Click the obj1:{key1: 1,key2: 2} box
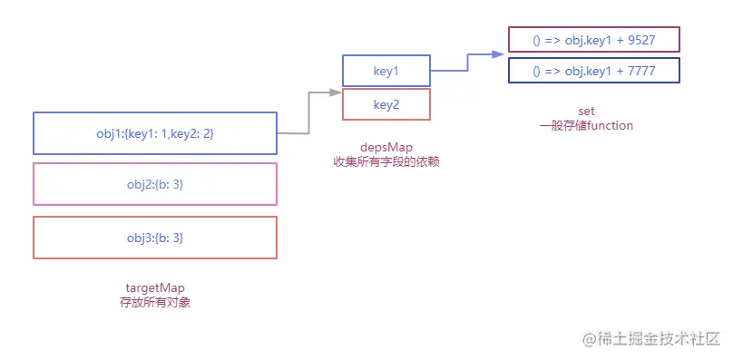coord(154,133)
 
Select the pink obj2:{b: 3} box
coord(154,185)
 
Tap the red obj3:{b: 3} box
coord(154,238)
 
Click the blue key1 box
coord(386,70)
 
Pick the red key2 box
coord(386,105)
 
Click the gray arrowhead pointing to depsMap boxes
coord(335,92)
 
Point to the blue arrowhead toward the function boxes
coord(498,54)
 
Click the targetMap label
coord(154,288)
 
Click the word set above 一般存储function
coord(585,111)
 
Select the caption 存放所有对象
coord(154,303)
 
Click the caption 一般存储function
coord(585,125)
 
